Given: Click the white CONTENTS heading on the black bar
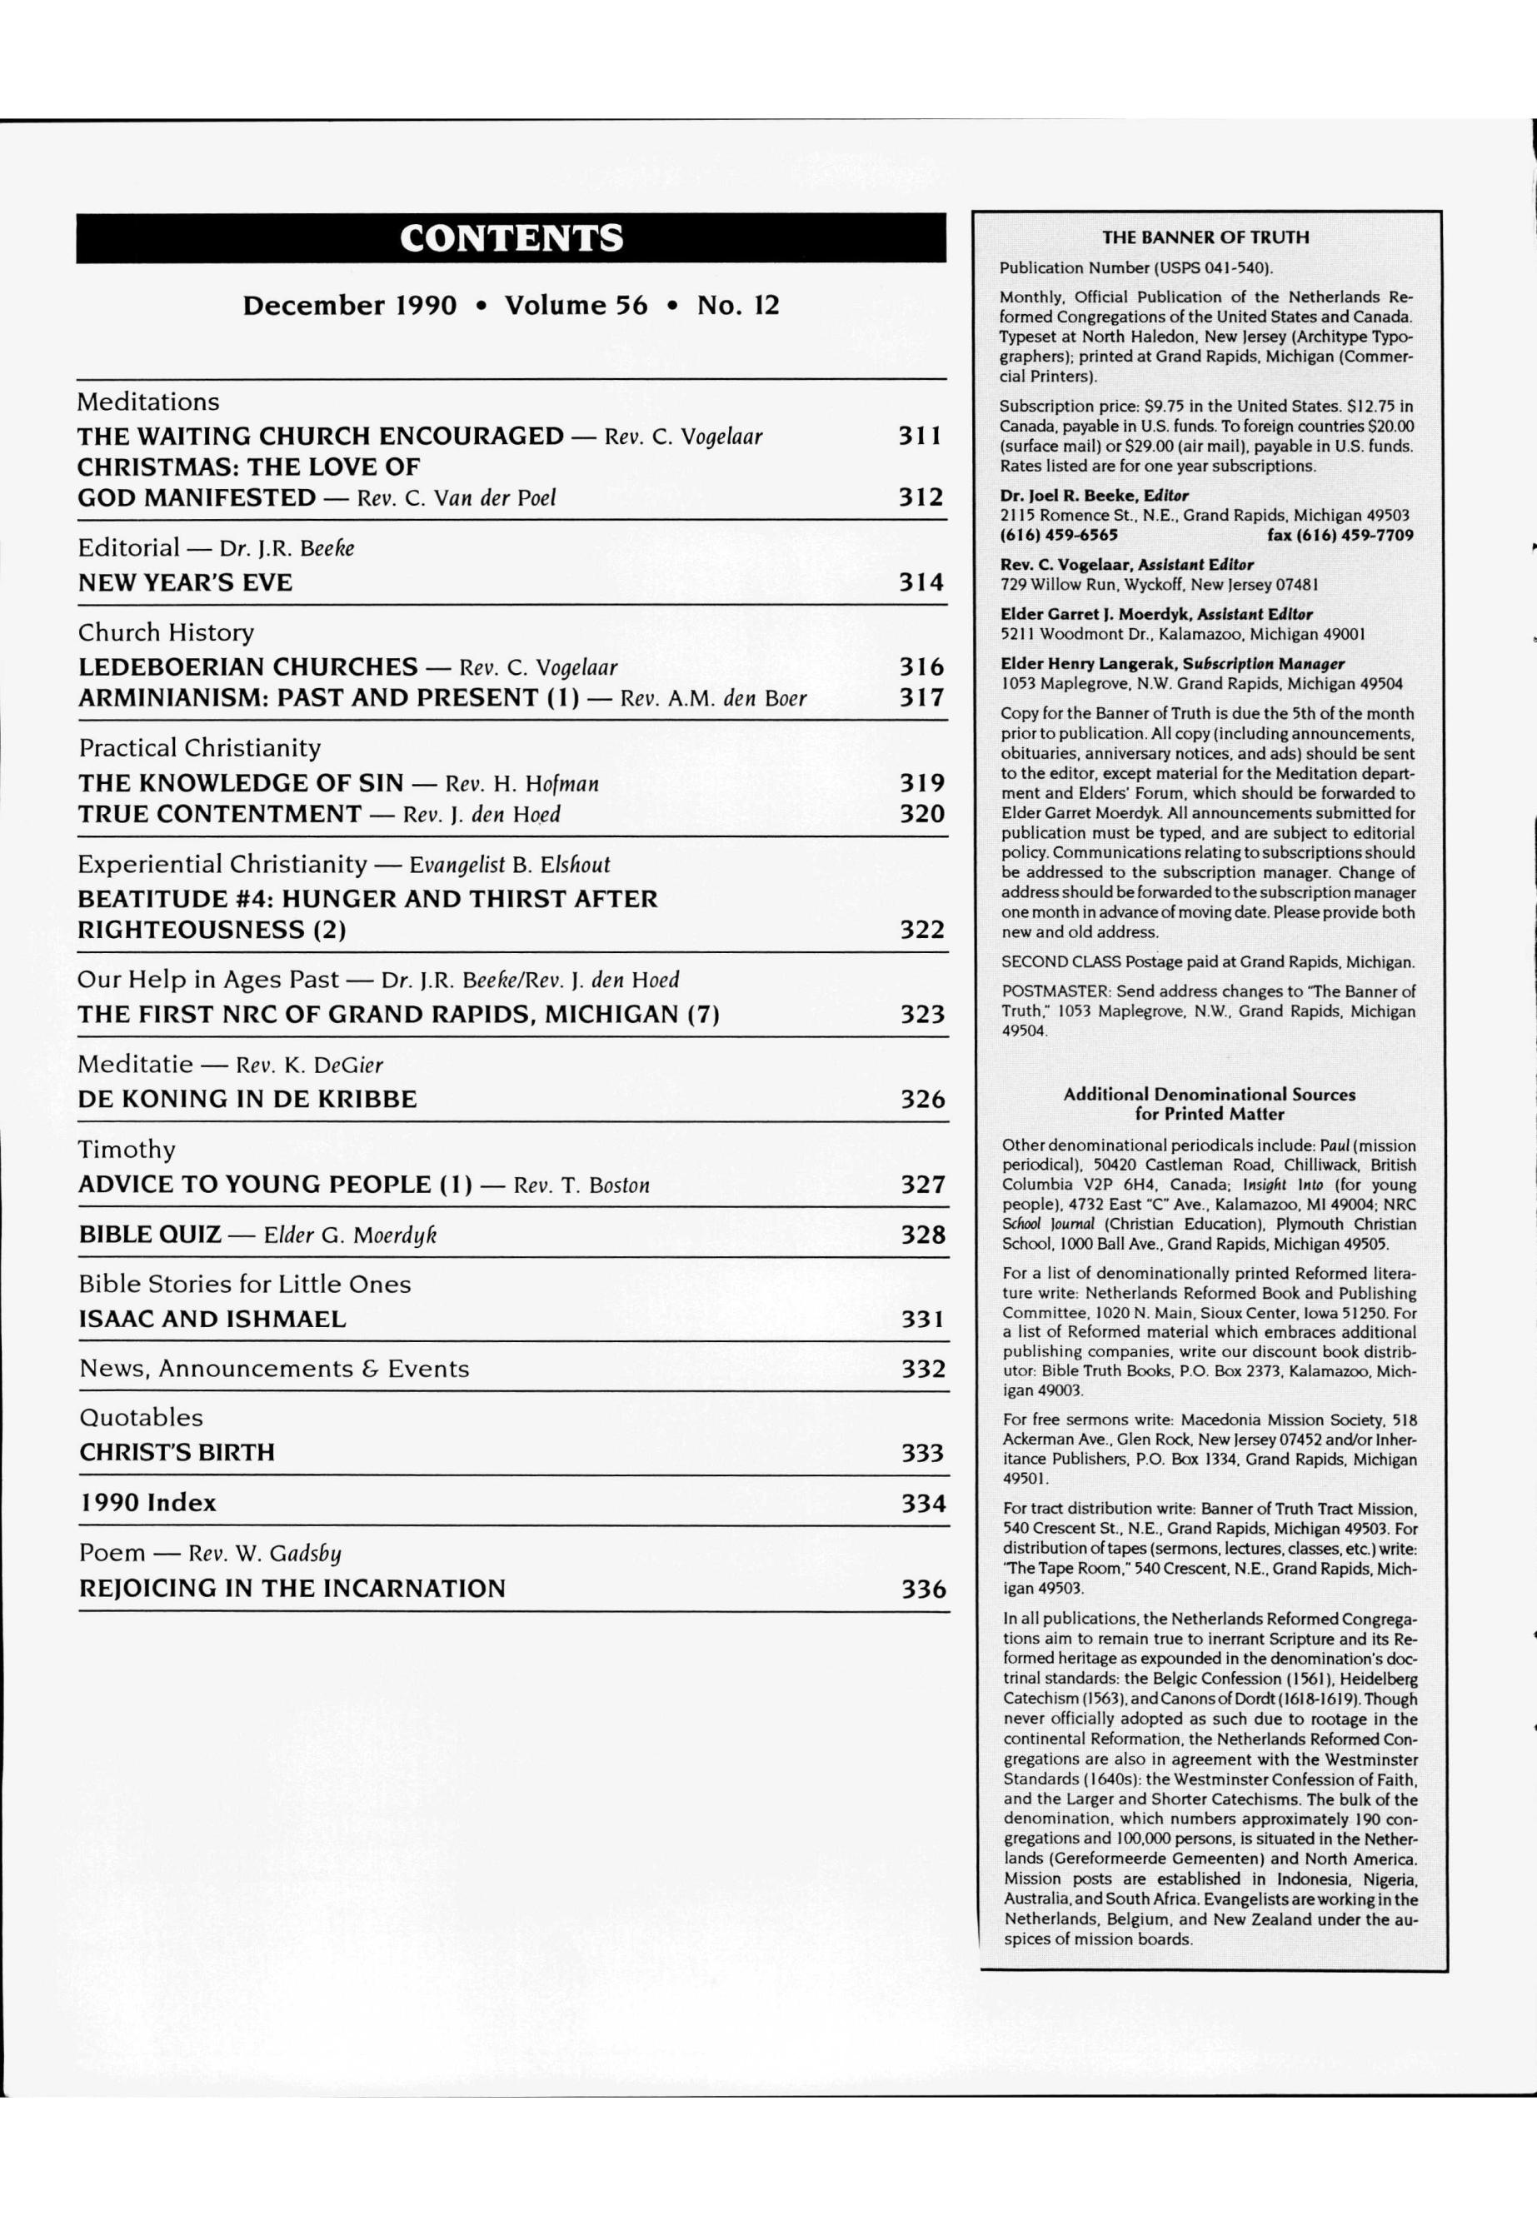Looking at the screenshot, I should tap(511, 238).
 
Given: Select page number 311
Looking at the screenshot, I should tap(920, 437).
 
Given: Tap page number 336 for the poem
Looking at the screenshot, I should tap(922, 1588).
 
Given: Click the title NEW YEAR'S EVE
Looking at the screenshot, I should tap(185, 582).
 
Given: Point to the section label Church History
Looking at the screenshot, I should tap(166, 633).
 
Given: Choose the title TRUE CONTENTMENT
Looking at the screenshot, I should tap(220, 814).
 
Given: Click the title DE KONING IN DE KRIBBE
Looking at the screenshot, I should tap(247, 1099).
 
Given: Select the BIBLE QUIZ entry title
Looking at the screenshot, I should tap(150, 1234).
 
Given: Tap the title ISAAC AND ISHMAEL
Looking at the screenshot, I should tap(212, 1319).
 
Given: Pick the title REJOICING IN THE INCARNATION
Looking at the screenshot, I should tap(292, 1588).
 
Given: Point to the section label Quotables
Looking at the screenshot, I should tap(141, 1418).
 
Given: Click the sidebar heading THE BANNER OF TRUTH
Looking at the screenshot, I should tap(1205, 237).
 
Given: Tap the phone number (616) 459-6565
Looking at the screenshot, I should tap(1058, 535).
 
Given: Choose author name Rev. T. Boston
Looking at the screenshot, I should tap(581, 1185).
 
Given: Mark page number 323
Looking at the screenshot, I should tap(921, 1014).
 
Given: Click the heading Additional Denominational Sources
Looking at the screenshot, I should tap(1209, 1094).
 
